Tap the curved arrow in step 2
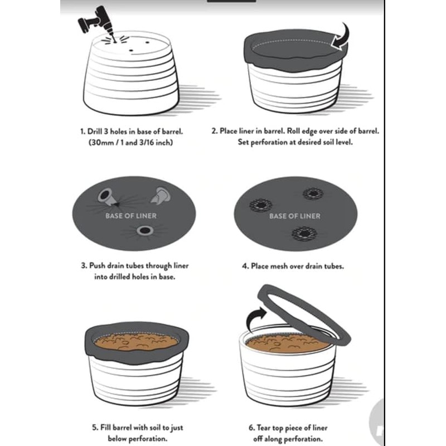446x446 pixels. (341, 36)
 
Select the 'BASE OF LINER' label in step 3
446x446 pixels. (131, 216)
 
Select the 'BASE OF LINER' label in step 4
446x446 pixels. (295, 216)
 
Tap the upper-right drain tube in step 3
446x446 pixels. (162, 195)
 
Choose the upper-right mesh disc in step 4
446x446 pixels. (314, 194)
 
